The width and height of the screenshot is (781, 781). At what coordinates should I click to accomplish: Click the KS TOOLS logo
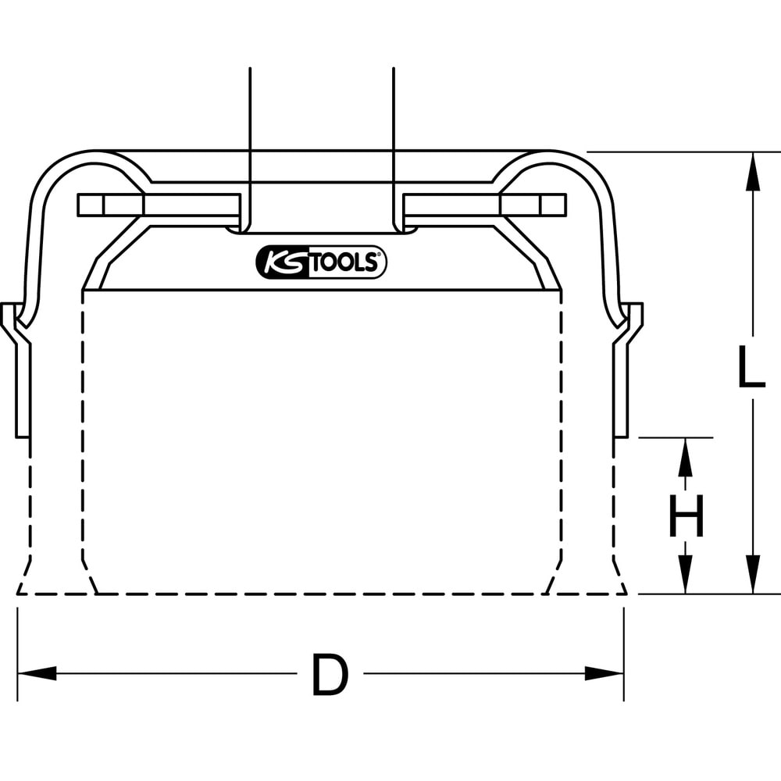321,263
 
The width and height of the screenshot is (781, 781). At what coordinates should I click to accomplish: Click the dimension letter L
751,369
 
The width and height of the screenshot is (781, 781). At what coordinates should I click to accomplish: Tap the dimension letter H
686,516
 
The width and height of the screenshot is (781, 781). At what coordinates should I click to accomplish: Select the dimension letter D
330,676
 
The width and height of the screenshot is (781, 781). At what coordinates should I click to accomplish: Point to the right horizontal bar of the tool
485,205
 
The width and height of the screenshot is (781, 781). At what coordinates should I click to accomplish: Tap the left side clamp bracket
19,367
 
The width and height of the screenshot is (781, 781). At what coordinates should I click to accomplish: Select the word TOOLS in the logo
345,263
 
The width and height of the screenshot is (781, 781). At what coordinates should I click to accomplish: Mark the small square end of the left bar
90,205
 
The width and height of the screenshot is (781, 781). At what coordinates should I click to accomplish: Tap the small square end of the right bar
554,205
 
